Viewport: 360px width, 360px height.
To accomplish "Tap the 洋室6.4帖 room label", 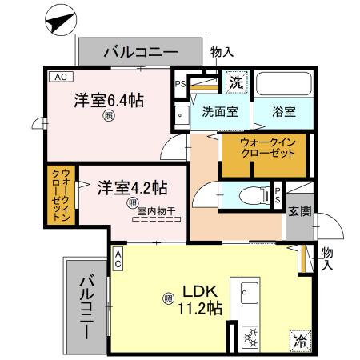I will pyautogui.click(x=110, y=102).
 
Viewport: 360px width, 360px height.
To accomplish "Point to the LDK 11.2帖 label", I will pyautogui.click(x=202, y=298).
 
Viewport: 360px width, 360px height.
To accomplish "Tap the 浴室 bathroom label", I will pyautogui.click(x=282, y=113).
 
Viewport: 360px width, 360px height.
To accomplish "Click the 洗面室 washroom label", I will pyautogui.click(x=218, y=113).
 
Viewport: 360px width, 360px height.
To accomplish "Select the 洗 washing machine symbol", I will pyautogui.click(x=236, y=82).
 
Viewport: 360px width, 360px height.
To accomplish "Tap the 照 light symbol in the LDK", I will pyautogui.click(x=168, y=299).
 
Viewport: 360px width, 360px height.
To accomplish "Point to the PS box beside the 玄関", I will pyautogui.click(x=277, y=195).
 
